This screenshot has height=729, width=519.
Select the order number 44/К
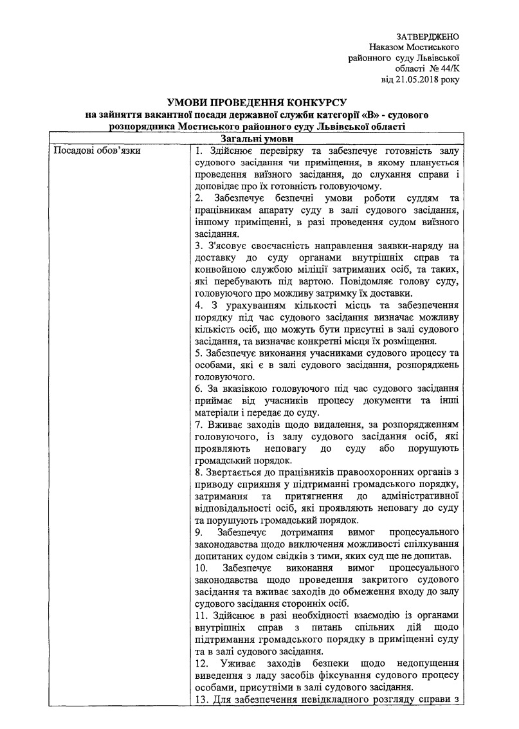tap(446, 69)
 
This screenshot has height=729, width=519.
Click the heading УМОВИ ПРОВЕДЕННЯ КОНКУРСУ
tap(257, 102)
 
